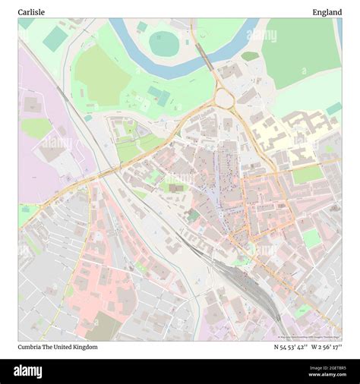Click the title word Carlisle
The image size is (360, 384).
[32, 12]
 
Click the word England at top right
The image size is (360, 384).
[327, 12]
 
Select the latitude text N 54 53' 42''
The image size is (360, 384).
[289, 347]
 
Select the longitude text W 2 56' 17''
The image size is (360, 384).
[326, 347]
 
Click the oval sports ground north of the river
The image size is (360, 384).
[163, 43]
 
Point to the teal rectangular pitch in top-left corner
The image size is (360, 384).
[54, 39]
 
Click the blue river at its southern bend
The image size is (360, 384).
[175, 71]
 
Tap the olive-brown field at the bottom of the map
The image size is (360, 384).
[103, 327]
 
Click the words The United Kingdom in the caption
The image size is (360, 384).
[74, 347]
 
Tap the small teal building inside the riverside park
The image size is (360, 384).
[159, 96]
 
